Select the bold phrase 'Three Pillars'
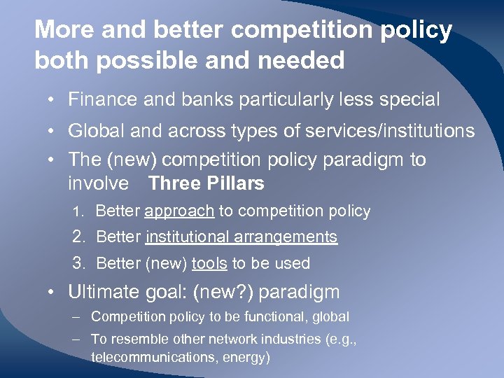206,184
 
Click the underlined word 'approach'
179,211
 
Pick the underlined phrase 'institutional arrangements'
241,237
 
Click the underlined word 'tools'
209,264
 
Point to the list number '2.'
80,237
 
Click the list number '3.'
80,264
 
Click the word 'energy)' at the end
247,357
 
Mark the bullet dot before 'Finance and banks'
54,101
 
